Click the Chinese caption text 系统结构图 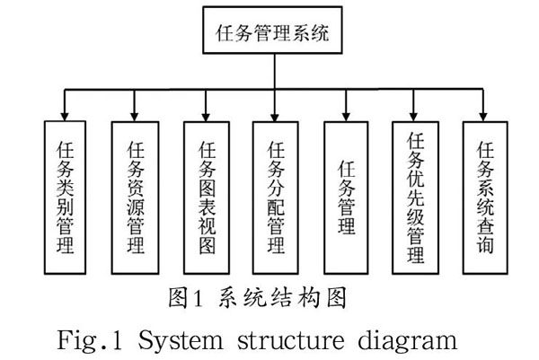point(283,297)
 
